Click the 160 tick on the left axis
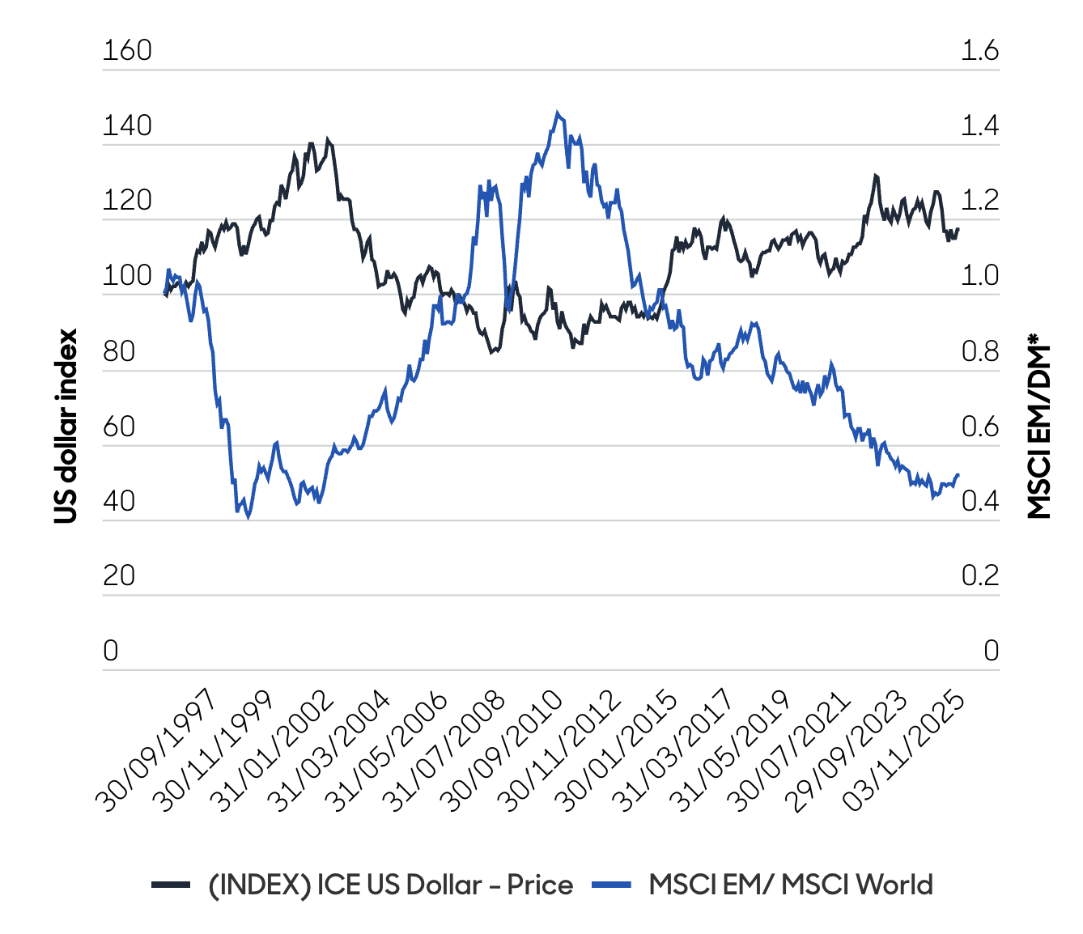[x=127, y=50]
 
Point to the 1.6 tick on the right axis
[x=979, y=50]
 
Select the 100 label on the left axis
[x=127, y=276]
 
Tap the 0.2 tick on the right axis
[x=979, y=576]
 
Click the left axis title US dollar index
[x=66, y=426]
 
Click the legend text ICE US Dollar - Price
[x=390, y=885]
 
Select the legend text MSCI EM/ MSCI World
[x=791, y=885]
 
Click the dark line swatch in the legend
[x=171, y=885]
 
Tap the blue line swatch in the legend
[x=612, y=885]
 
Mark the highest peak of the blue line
[x=557, y=113]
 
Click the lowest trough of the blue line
[x=248, y=516]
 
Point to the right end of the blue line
[x=958, y=475]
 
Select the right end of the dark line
[x=958, y=229]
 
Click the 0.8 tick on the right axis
[x=979, y=351]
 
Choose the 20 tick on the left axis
[x=118, y=576]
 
